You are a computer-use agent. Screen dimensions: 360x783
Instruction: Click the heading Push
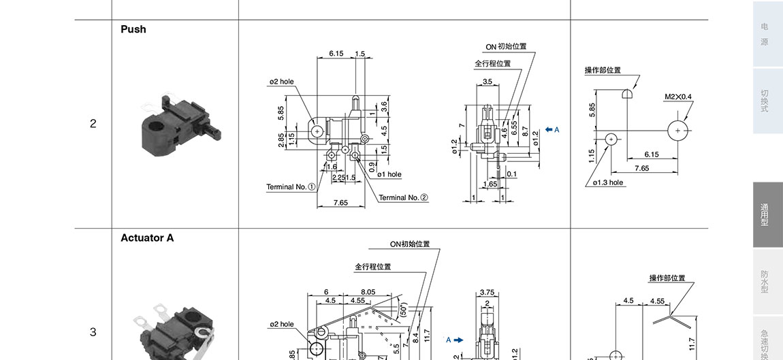[x=133, y=29]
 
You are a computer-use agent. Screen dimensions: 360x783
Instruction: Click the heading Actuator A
[x=147, y=238]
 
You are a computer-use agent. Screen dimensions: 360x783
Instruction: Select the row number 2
[x=93, y=124]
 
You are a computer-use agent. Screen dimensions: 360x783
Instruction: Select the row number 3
[x=93, y=332]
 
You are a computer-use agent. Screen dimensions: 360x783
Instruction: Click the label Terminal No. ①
[x=291, y=186]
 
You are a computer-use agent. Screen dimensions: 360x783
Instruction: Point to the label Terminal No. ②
[x=404, y=197]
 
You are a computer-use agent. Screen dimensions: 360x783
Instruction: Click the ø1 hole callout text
[x=389, y=174]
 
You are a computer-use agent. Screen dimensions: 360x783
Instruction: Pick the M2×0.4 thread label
[x=677, y=97]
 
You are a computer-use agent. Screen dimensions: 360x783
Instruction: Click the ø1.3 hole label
[x=607, y=182]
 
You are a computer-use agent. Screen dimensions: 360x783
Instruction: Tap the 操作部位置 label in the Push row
[x=603, y=70]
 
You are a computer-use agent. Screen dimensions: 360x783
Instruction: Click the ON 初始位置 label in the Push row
[x=506, y=47]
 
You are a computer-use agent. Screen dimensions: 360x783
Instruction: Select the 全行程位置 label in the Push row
[x=492, y=63]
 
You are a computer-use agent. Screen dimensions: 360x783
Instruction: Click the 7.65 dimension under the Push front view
[x=341, y=203]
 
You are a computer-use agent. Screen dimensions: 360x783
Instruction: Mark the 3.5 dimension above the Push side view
[x=487, y=82]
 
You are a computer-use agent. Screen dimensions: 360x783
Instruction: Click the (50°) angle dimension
[x=403, y=310]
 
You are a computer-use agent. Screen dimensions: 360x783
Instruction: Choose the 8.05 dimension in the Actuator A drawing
[x=368, y=292]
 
